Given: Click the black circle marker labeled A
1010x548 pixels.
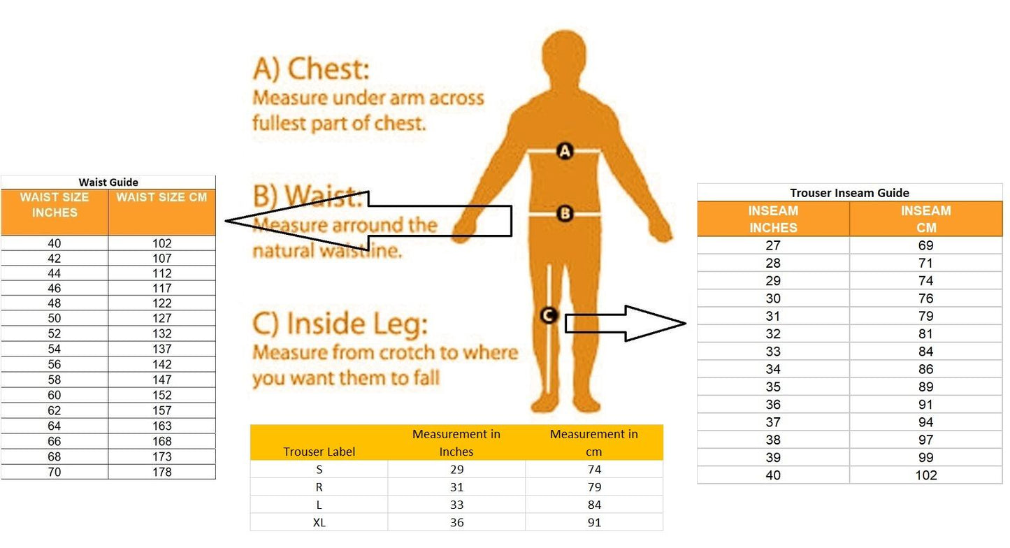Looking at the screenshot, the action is [x=565, y=152].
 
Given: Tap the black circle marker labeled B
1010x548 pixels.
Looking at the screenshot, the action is [x=565, y=213].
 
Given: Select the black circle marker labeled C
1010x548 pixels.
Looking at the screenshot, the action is [x=549, y=315].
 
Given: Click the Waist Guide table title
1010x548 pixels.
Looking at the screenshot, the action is [x=108, y=182].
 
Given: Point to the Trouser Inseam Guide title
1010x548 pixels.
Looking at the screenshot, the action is [x=849, y=193].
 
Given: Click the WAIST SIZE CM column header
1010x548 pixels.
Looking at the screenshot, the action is [x=161, y=198].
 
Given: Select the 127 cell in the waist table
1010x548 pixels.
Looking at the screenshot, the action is [x=162, y=319].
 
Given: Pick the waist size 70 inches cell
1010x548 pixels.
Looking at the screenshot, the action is [x=54, y=473].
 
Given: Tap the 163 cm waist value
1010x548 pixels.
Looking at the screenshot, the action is [x=162, y=426].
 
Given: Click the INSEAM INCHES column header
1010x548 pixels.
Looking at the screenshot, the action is [x=773, y=219].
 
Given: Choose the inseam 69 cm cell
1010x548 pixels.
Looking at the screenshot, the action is [x=925, y=245].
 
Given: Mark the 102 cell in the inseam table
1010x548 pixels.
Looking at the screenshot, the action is [x=925, y=475].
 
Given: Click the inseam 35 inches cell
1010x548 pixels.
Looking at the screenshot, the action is [x=773, y=387].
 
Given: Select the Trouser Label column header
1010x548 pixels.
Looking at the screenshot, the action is [x=319, y=452].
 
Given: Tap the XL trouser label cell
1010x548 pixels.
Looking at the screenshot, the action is [x=319, y=523].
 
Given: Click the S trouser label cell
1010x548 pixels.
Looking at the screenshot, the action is [x=319, y=470].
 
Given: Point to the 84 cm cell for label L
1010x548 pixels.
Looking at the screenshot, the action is [x=594, y=505].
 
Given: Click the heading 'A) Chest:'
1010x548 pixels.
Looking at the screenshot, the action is [x=311, y=69].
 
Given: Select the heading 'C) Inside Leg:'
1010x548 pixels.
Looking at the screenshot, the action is [x=340, y=324].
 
